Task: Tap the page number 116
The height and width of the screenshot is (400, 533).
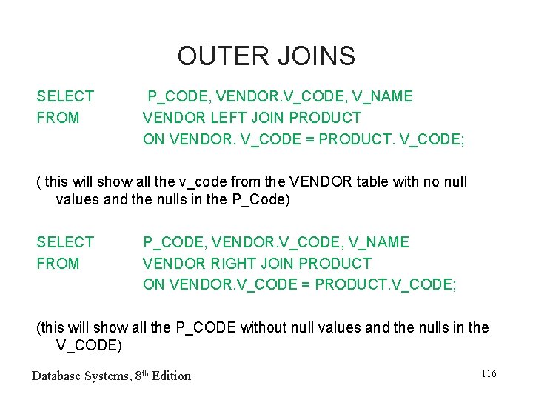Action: [489, 374]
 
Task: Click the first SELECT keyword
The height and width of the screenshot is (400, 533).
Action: [65, 96]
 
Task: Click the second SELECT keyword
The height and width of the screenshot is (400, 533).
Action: [65, 242]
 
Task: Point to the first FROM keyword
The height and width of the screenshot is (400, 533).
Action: [58, 118]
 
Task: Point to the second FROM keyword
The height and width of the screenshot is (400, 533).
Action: [58, 264]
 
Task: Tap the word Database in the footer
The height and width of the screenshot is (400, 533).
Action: [57, 376]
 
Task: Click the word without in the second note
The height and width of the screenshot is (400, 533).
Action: [264, 327]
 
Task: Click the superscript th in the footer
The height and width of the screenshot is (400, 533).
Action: [144, 373]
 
